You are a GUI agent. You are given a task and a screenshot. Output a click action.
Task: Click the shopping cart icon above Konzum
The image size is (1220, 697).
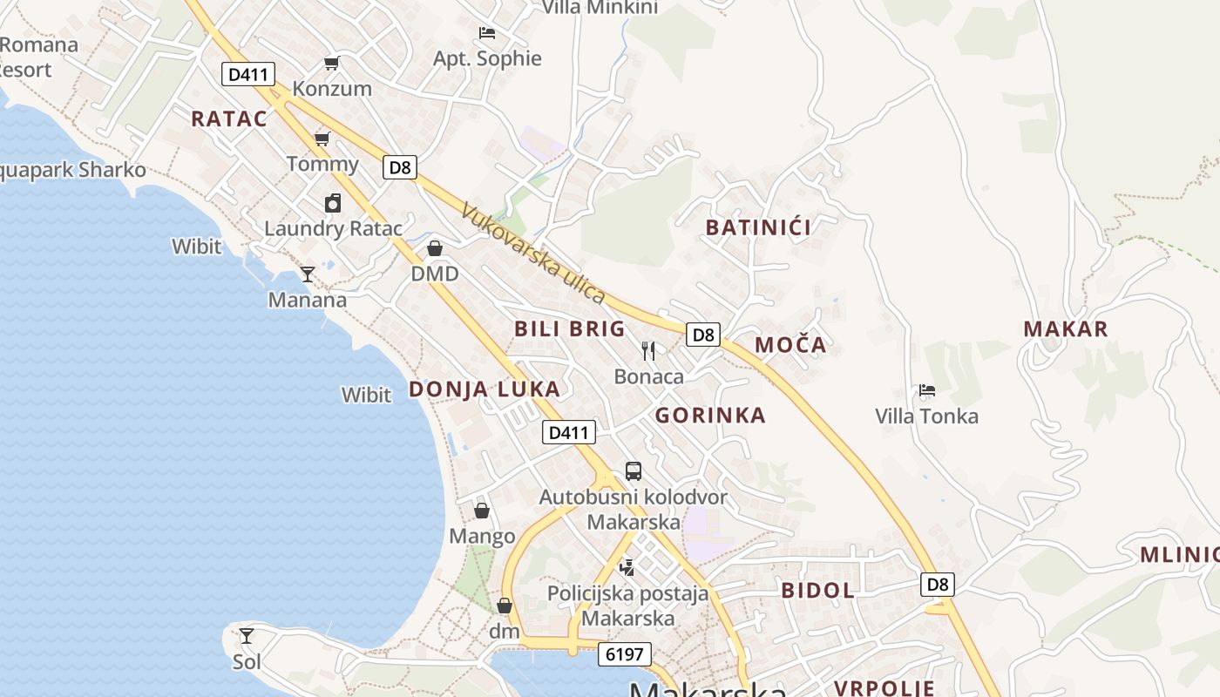click(x=331, y=63)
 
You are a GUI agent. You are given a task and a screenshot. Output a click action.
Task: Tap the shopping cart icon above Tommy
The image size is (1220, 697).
click(x=322, y=139)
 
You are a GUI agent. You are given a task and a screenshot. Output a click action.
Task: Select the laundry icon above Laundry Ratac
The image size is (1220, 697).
click(x=333, y=203)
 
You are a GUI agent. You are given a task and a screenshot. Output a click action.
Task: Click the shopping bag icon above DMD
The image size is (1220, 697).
click(x=435, y=248)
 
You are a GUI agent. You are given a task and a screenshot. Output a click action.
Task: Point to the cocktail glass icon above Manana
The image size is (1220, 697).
click(x=308, y=274)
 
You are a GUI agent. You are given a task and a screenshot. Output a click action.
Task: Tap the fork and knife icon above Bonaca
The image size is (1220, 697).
click(x=648, y=350)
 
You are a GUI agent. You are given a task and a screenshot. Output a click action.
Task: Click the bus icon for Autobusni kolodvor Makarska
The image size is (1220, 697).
click(x=634, y=471)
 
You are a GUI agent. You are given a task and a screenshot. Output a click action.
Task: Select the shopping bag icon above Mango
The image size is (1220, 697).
click(x=482, y=510)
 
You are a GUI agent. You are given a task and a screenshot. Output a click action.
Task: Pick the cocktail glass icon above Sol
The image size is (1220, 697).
click(x=247, y=636)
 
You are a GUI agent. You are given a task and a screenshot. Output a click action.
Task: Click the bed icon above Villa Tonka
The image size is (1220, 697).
click(x=927, y=390)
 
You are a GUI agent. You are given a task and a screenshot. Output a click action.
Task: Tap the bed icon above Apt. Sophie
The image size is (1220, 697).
click(x=487, y=33)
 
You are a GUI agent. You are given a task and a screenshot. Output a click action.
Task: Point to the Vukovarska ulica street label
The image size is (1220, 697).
click(x=532, y=253)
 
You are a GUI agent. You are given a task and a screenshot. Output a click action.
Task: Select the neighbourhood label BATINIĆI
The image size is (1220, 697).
click(x=758, y=228)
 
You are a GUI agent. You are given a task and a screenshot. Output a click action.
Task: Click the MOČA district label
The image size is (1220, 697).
click(x=790, y=345)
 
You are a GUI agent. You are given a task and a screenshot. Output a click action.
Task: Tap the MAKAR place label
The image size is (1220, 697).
click(x=1066, y=329)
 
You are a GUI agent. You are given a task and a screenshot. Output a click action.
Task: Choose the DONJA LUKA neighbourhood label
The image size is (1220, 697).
click(x=485, y=389)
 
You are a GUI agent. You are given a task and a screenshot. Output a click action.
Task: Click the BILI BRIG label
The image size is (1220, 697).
click(x=570, y=329)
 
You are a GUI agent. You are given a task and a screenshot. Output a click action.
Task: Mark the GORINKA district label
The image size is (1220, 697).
click(x=710, y=416)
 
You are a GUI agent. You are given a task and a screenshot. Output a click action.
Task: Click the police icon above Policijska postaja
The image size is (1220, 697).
click(x=627, y=568)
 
